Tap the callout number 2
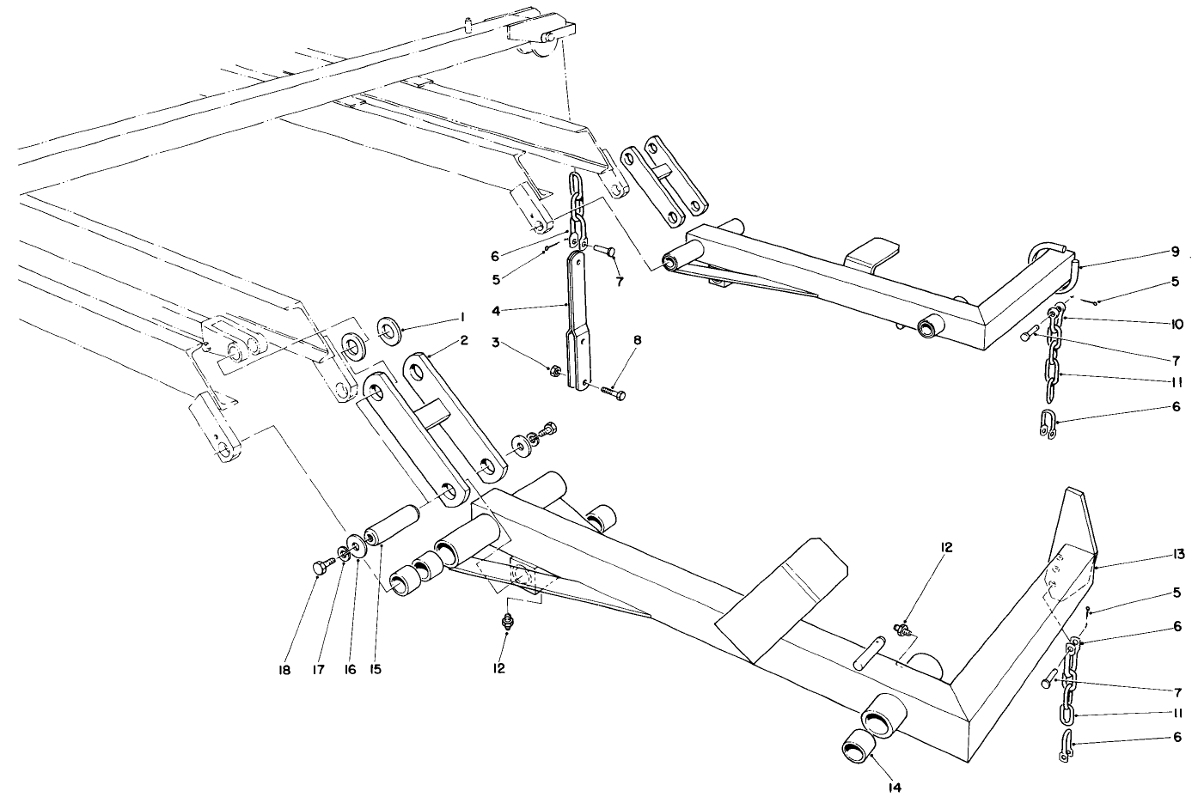pos(463,340)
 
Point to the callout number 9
pos(1175,252)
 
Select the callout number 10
pos(1176,324)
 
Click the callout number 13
pos(1176,555)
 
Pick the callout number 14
pos(874,785)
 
